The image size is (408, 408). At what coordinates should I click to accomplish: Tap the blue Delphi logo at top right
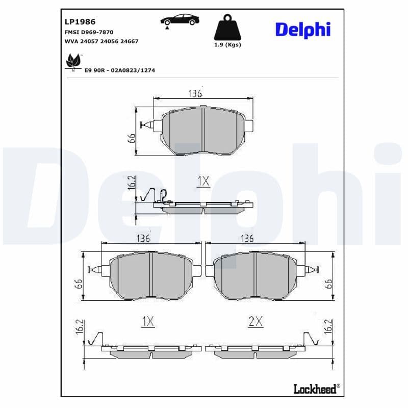pos(303,29)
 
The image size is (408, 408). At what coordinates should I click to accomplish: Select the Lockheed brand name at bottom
pos(315,389)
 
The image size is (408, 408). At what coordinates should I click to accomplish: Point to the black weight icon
pos(227,29)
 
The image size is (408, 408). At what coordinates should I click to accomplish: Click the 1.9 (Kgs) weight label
pos(227,45)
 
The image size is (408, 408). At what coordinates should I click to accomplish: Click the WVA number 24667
pos(129,41)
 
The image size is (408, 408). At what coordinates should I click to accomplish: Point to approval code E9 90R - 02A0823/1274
pos(120,70)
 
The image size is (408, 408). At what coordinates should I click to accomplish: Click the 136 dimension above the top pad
pos(195,94)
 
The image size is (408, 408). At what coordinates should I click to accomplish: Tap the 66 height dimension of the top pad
pos(131,138)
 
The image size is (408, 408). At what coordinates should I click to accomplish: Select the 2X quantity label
pos(255,321)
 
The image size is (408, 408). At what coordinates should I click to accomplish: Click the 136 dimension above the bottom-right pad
pos(247,238)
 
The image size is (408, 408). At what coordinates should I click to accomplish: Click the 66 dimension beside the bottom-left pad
pos(78,284)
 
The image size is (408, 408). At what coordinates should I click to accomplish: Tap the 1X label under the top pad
pos(203,181)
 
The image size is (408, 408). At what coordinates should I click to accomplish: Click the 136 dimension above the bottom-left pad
pos(143,238)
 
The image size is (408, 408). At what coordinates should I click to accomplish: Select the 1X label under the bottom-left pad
pos(147,321)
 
